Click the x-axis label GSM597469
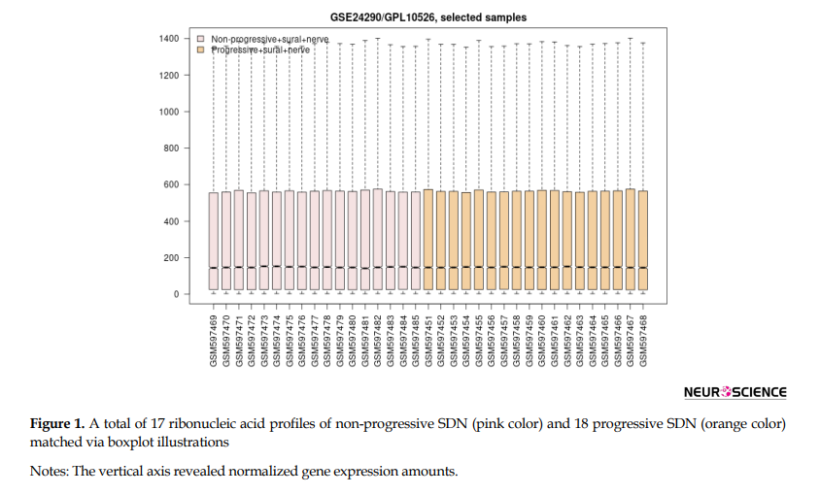point(214,339)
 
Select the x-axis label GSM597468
point(642,339)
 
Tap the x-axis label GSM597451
point(428,339)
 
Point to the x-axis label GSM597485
point(416,339)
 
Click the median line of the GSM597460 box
point(542,268)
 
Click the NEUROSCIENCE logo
point(735,393)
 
